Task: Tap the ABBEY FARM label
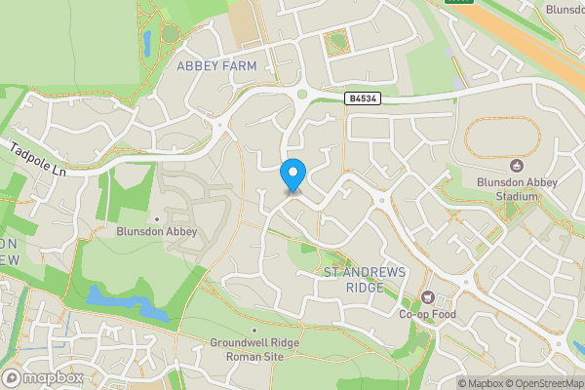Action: (x=216, y=65)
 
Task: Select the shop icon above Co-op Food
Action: (x=426, y=296)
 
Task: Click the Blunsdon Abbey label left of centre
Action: (x=157, y=232)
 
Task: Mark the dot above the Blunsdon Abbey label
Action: (x=158, y=218)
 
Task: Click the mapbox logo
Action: (x=44, y=377)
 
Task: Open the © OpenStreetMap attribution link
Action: (x=542, y=383)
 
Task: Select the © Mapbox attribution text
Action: (x=482, y=383)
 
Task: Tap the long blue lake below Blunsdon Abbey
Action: (x=122, y=301)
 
